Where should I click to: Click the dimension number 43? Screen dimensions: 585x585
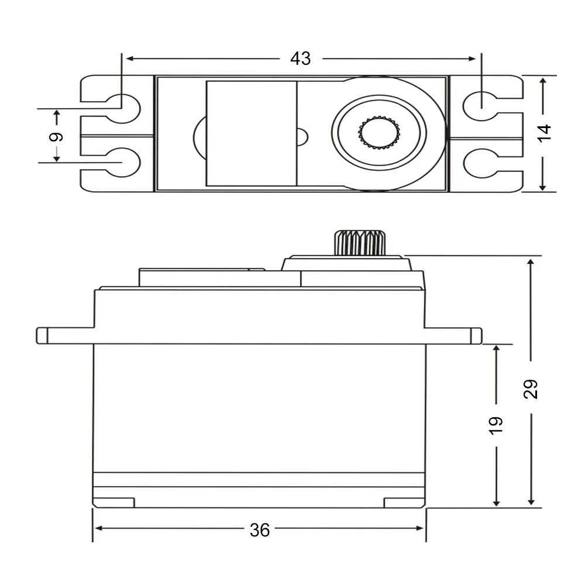click(x=301, y=58)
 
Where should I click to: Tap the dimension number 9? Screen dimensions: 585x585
click(x=56, y=137)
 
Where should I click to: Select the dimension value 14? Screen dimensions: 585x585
click(x=544, y=133)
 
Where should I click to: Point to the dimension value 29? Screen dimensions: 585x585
click(x=531, y=388)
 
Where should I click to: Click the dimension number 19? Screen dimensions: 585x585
click(x=496, y=425)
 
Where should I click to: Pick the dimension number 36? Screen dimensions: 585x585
click(x=260, y=530)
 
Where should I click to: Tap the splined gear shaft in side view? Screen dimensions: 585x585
click(x=360, y=243)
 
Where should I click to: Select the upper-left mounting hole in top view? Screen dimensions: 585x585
click(x=123, y=107)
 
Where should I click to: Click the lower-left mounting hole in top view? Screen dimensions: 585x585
click(x=123, y=161)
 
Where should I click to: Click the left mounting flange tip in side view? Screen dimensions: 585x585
click(x=42, y=335)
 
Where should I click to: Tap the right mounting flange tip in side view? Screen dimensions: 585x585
click(x=477, y=335)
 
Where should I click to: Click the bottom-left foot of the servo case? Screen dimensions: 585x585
click(x=114, y=503)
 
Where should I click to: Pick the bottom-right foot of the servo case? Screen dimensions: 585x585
click(x=404, y=503)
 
